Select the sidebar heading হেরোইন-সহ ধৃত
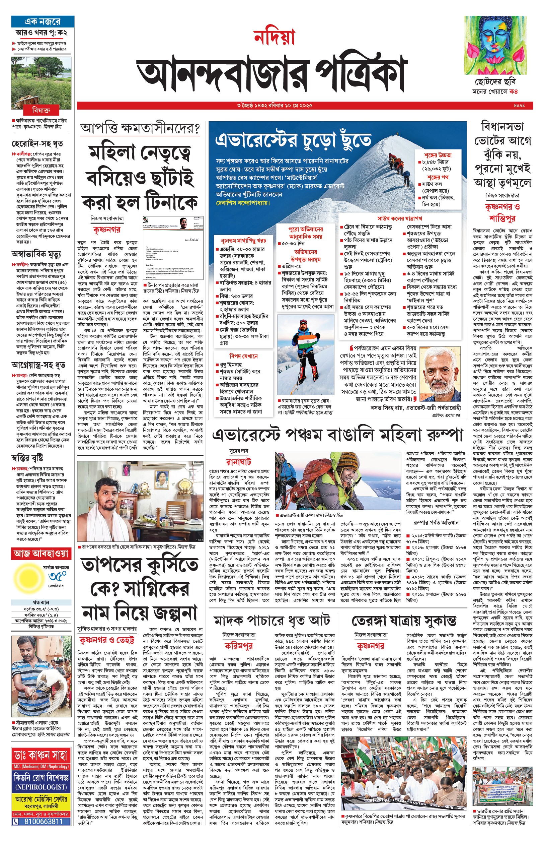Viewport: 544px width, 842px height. (x=37, y=144)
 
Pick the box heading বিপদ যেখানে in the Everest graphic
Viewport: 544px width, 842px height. (x=243, y=356)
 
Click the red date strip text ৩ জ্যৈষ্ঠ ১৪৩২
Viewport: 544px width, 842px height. (x=254, y=105)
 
